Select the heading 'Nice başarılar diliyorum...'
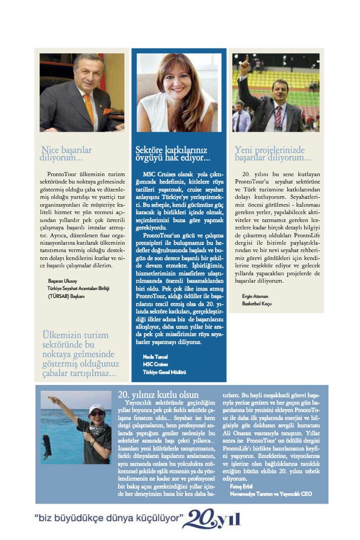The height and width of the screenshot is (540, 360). pos(66,153)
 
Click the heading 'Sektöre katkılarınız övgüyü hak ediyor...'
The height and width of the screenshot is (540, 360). pos(172,153)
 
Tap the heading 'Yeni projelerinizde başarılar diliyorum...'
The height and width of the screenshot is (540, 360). pos(273,153)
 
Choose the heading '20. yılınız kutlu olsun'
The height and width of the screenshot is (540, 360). pos(158,394)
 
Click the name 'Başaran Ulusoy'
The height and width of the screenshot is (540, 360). pos(63,282)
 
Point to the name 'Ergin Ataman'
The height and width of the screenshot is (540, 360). pos(256,296)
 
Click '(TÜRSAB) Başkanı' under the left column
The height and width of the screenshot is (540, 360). pos(66,296)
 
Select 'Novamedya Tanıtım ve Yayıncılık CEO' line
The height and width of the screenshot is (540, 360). pos(271,494)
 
